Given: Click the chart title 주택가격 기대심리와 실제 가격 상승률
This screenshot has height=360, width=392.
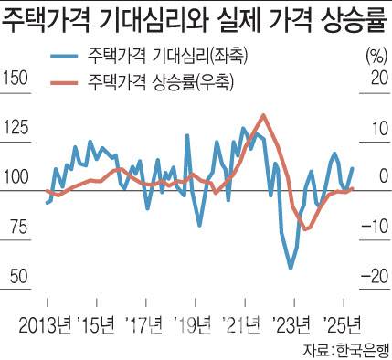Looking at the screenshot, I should [195, 18].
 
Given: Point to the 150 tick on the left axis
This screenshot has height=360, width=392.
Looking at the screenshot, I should [16, 80].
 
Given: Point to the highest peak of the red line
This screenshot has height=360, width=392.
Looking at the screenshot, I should [263, 115].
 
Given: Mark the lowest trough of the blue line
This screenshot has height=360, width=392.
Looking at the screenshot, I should [291, 269].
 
